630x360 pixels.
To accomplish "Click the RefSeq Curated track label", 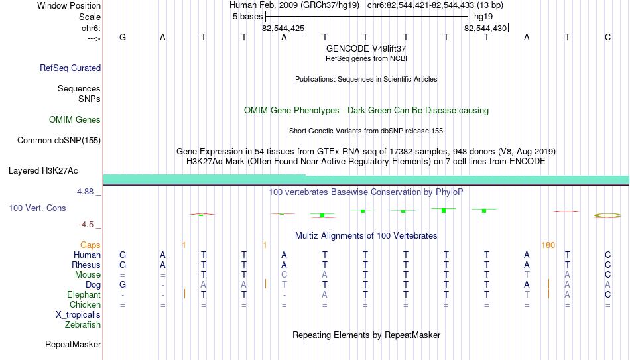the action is tap(70, 68).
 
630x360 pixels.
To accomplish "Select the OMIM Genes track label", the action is tap(75, 120).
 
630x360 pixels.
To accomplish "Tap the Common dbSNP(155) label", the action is tap(59, 141).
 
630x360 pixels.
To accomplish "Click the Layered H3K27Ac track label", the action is tap(43, 171).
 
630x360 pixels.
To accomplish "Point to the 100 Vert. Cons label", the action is tap(37, 208).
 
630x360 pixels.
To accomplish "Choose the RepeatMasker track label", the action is tap(73, 344).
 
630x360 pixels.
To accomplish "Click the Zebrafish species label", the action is tap(83, 324).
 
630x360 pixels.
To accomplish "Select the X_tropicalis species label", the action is tap(78, 315).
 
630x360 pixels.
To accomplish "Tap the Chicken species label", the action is tap(85, 304).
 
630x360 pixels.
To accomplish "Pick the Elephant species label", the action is tap(84, 295).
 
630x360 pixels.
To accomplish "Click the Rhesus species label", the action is tap(86, 265).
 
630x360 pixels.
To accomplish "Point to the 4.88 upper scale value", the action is tap(85, 192).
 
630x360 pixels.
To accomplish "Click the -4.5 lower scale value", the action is tap(86, 225).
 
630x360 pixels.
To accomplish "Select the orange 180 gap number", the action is tap(548, 245).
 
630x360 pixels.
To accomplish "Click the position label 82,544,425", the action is tap(283, 28).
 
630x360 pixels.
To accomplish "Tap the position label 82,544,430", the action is tap(485, 28).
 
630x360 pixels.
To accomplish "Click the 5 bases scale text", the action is tap(247, 17).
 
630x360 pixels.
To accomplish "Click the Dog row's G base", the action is tap(123, 285).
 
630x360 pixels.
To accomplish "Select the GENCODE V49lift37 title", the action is tap(366, 48).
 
